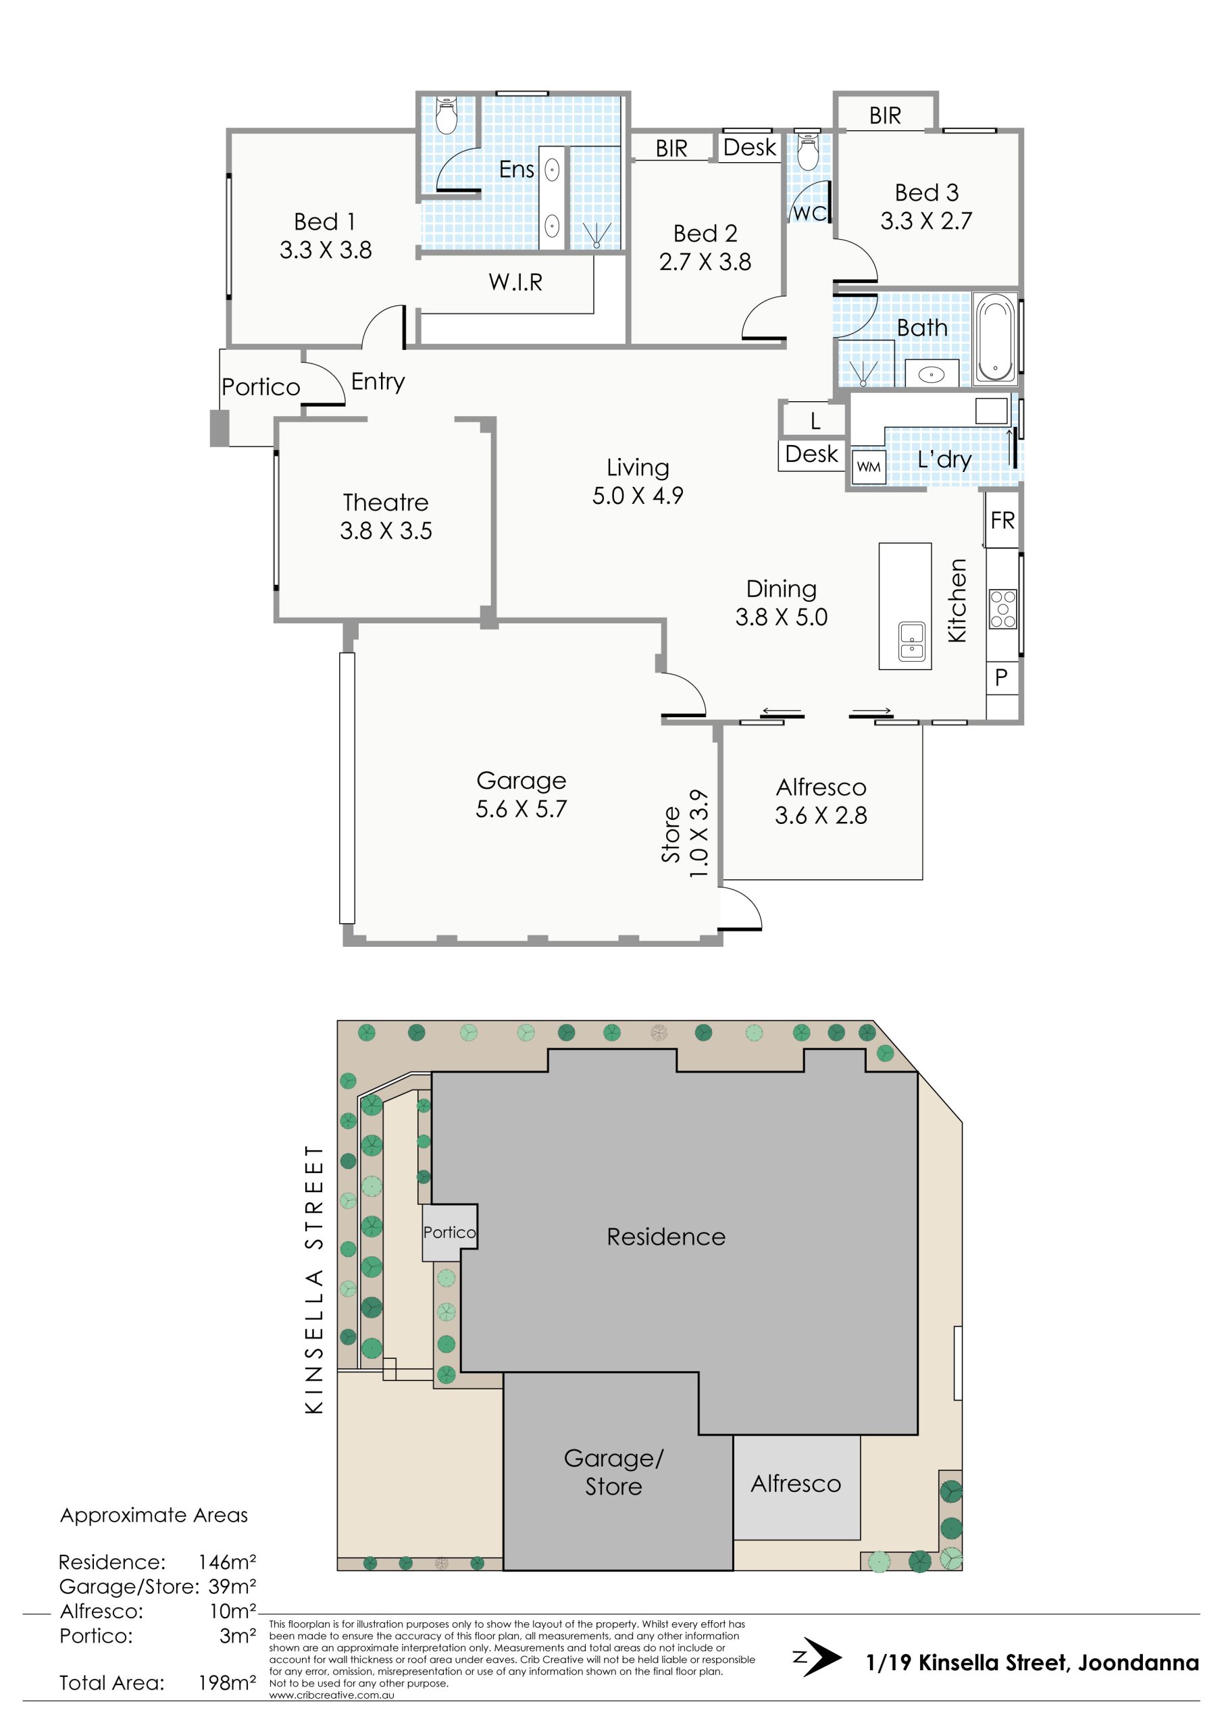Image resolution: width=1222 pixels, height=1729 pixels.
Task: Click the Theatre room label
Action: tap(386, 502)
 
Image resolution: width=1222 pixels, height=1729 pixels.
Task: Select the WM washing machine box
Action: tap(868, 467)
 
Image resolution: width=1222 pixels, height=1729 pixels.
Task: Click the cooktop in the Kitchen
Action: tap(1002, 609)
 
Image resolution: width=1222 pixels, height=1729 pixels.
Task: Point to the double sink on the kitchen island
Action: tap(912, 642)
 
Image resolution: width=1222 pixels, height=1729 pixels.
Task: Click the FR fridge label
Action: tap(1002, 520)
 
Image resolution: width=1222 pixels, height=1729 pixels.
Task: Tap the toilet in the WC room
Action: tap(808, 151)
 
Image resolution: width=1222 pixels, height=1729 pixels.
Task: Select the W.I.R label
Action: tap(515, 282)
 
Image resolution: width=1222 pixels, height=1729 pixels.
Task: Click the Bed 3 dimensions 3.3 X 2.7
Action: tap(926, 221)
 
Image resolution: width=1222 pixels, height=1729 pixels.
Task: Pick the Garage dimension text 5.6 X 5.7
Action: tap(521, 808)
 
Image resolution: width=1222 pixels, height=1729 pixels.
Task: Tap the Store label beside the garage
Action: tap(671, 834)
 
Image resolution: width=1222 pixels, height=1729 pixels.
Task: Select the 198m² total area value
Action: tap(227, 1682)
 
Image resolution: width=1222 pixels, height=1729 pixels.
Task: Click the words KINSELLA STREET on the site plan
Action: tap(314, 1279)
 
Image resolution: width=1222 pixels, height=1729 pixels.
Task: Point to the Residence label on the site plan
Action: tap(666, 1237)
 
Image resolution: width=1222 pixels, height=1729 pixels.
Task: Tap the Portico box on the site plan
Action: tap(450, 1233)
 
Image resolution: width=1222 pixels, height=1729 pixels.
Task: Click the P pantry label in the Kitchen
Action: tap(1001, 677)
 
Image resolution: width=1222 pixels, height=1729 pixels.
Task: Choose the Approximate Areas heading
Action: tap(154, 1514)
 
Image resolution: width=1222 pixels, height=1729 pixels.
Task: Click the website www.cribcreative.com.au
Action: tap(332, 1695)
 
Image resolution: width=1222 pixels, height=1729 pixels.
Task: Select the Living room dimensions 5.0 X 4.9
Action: tap(638, 496)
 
